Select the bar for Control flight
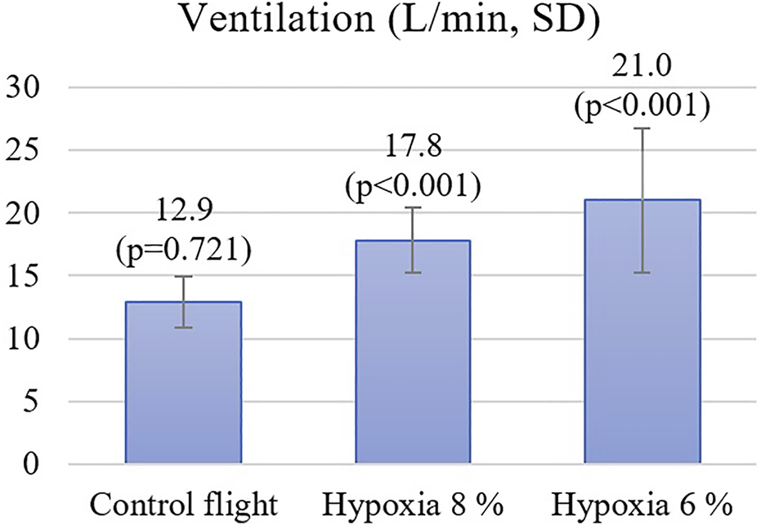point(182,384)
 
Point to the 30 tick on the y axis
point(24,87)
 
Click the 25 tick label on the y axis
point(24,150)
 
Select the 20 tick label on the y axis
point(24,213)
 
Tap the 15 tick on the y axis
point(24,276)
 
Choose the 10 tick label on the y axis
point(24,339)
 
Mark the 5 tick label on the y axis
point(31,402)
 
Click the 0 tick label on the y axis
point(31,465)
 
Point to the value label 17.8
point(412,153)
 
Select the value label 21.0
point(642,75)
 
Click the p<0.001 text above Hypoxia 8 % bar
point(412,185)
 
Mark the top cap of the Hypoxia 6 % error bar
point(642,128)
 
